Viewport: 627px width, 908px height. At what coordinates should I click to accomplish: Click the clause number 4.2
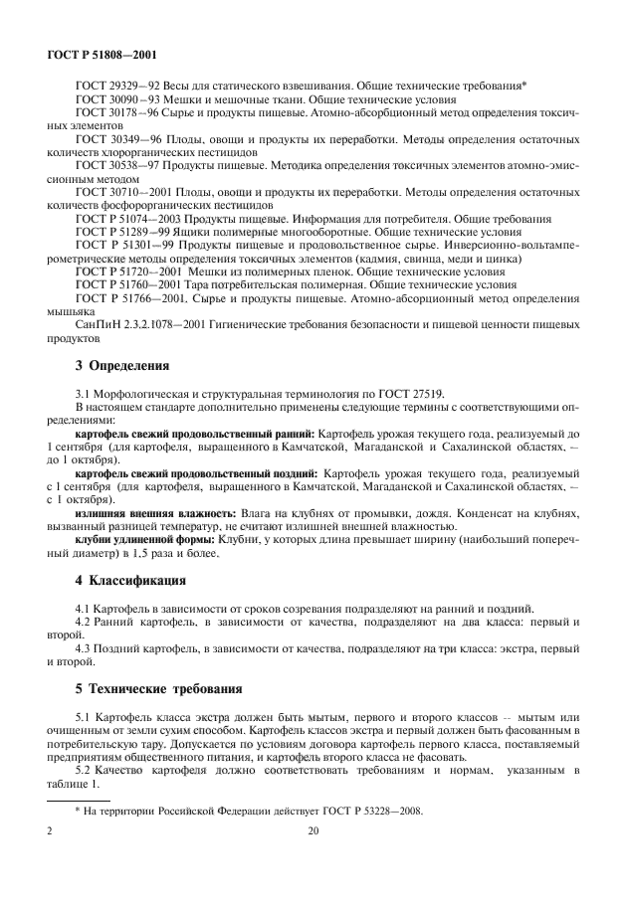coord(85,621)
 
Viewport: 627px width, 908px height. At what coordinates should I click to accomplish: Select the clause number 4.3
coord(85,647)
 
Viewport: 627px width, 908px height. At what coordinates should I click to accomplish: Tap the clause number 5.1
coord(85,716)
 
